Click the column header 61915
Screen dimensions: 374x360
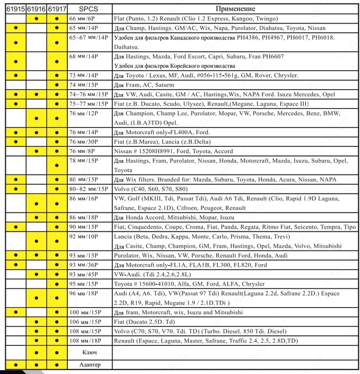click(x=16, y=9)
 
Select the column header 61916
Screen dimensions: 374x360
click(x=36, y=9)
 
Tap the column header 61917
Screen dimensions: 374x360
click(x=57, y=9)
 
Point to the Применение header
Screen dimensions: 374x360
click(x=236, y=9)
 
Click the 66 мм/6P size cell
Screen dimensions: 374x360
click(x=82, y=19)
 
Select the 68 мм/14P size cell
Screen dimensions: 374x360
click(x=82, y=57)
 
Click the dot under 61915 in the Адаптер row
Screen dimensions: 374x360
click(x=16, y=365)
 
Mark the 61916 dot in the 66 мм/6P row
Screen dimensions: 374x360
click(x=36, y=19)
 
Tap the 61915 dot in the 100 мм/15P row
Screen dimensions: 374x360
click(x=16, y=312)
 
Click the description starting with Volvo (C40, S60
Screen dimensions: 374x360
click(x=151, y=189)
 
